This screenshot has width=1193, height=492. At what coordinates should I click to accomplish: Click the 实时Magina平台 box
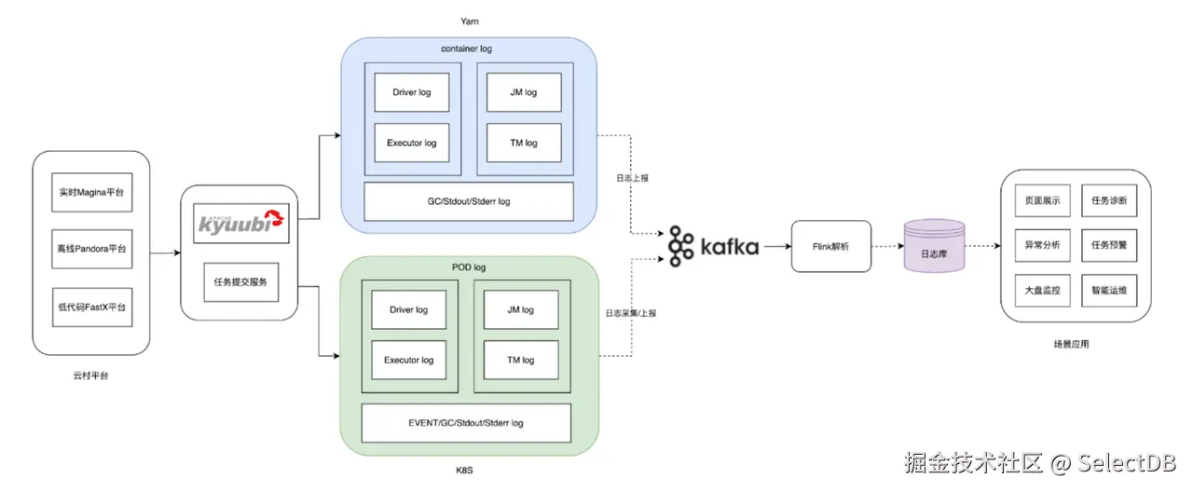[x=91, y=192]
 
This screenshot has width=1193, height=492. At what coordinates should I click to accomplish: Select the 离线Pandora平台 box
[x=91, y=249]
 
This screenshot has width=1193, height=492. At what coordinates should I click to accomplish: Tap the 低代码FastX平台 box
[x=91, y=307]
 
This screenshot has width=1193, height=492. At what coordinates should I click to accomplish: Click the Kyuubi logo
[x=241, y=225]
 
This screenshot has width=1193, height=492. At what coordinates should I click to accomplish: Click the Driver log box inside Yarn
[x=411, y=92]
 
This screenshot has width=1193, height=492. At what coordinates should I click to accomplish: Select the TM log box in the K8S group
[x=521, y=360]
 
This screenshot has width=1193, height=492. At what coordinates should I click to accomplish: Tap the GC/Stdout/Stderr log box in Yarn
[x=468, y=201]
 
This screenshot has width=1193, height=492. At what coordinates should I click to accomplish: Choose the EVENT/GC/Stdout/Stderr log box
[x=465, y=423]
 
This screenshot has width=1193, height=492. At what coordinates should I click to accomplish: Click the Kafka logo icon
[x=682, y=247]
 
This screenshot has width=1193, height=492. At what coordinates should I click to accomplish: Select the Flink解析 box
[x=830, y=247]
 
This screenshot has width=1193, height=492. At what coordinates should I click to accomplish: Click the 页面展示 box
[x=1042, y=201]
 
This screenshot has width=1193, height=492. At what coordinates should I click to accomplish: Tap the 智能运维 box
[x=1108, y=291]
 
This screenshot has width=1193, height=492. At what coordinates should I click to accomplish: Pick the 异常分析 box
[x=1042, y=246]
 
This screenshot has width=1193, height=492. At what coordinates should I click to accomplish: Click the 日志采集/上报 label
[x=630, y=313]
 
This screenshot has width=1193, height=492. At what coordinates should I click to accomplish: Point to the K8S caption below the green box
[x=466, y=471]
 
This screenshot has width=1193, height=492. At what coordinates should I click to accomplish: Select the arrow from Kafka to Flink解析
[x=775, y=247]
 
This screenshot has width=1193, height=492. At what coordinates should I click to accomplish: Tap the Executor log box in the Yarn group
[x=411, y=143]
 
